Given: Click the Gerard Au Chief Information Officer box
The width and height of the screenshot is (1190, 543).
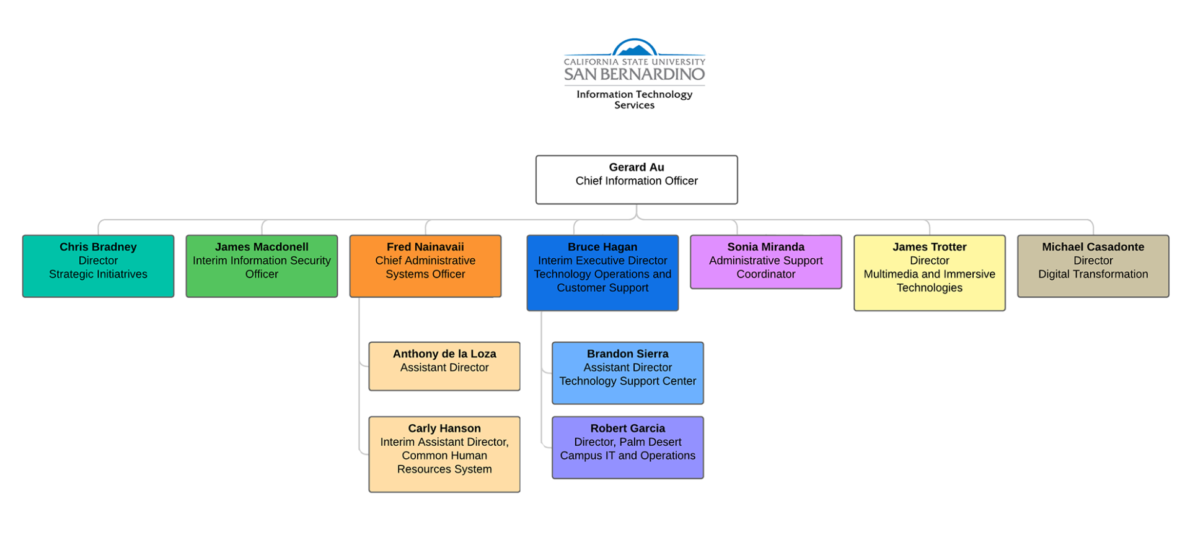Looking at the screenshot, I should (x=637, y=180).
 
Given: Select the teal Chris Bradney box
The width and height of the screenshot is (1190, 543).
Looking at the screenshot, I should (x=98, y=266).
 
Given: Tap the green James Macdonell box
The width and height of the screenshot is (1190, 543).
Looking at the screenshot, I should (x=262, y=266).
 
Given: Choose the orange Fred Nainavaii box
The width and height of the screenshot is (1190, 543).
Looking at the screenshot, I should (x=425, y=266).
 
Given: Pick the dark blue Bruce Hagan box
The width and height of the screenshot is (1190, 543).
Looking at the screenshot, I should (x=602, y=272).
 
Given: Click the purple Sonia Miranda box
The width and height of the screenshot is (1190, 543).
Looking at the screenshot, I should (x=765, y=261).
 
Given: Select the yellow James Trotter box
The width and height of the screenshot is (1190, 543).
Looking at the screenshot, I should (x=929, y=272).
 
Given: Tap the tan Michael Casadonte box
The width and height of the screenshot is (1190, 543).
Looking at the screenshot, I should (x=1093, y=266).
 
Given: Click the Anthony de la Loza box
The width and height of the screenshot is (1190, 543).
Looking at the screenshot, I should (x=444, y=366).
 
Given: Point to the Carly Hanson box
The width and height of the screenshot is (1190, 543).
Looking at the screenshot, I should (x=444, y=454).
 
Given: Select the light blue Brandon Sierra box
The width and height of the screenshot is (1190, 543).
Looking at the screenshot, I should (x=627, y=373).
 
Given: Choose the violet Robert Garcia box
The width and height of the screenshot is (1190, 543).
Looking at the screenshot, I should (x=627, y=447).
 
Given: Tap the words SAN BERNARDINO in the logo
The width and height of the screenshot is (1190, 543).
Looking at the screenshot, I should (x=634, y=75).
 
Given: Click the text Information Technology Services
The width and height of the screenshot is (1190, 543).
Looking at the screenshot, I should (x=634, y=100).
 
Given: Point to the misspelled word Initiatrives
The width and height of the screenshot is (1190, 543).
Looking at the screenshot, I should (x=118, y=274).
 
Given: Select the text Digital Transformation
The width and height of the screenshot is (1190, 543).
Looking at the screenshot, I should (x=1093, y=274).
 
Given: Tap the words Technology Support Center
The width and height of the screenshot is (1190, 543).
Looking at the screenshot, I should (x=627, y=381).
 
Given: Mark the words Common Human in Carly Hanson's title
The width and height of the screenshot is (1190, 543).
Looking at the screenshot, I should (x=444, y=456).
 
